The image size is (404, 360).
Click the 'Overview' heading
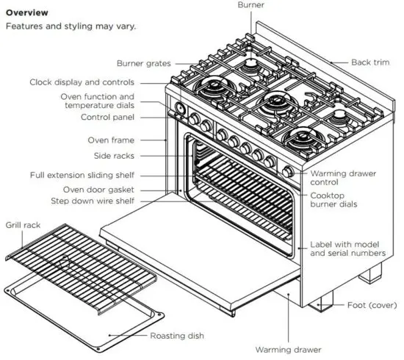27,12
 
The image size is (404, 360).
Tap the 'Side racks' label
113,156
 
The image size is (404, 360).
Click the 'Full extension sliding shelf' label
82,176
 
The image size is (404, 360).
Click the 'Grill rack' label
24,225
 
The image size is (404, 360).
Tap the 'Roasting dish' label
176,336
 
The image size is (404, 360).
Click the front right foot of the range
322,303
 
